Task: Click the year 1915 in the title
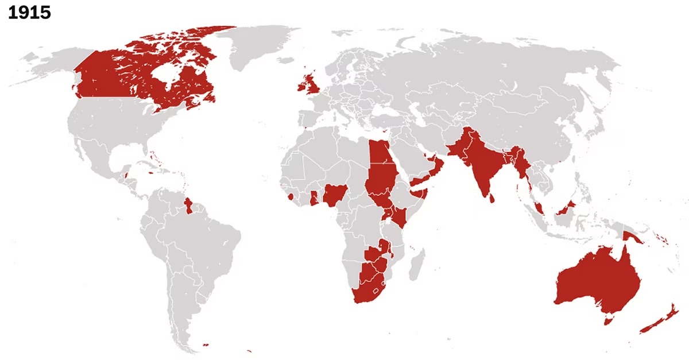click(x=29, y=12)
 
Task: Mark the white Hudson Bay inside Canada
click(x=168, y=73)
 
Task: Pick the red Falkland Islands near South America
click(x=205, y=345)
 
